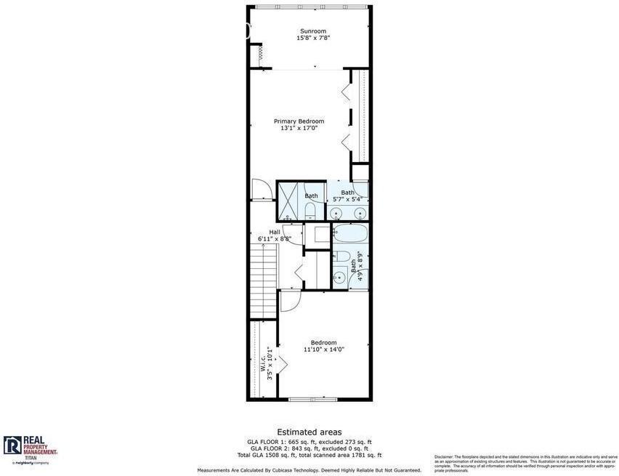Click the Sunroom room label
tap(313, 31)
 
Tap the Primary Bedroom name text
tap(299, 121)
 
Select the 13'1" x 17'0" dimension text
tap(299, 128)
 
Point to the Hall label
tap(275, 232)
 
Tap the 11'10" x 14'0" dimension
tap(323, 350)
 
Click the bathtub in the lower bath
tap(350, 233)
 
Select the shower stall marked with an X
tap(288, 201)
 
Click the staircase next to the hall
tap(262, 280)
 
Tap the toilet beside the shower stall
tap(310, 211)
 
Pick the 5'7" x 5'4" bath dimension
tap(347, 199)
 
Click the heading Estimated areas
tap(309, 432)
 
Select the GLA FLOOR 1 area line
tap(309, 442)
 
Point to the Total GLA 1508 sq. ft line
tap(309, 455)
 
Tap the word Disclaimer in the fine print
tap(444, 457)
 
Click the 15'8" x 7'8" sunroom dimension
tap(313, 38)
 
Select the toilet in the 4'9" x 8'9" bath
tap(341, 257)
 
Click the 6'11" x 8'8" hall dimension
tap(275, 239)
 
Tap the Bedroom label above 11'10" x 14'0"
tap(323, 342)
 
